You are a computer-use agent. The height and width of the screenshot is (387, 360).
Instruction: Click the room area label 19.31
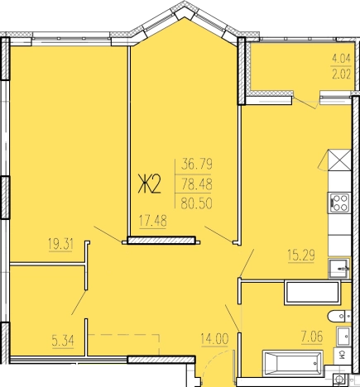coord(60,244)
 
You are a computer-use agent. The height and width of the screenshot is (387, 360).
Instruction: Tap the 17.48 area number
coord(153,221)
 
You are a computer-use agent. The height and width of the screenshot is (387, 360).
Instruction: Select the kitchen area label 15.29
coord(301,256)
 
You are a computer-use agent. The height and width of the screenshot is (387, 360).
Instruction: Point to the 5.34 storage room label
coord(63,342)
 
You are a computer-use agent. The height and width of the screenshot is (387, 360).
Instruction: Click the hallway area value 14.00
coord(214,338)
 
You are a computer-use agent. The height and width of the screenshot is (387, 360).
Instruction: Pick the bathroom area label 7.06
coord(312,337)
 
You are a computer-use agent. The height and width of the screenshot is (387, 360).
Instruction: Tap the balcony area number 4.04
coord(341,59)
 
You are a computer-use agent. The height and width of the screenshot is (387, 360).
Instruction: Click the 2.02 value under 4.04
coord(341,74)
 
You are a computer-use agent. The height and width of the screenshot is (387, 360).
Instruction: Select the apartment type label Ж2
coord(150,185)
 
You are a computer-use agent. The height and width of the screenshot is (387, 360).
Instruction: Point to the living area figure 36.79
coord(197,165)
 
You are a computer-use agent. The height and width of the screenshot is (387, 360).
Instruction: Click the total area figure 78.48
coord(197,184)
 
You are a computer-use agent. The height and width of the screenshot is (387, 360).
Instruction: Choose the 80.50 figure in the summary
coord(197,204)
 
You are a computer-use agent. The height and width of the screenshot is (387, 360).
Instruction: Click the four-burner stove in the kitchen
coord(339,203)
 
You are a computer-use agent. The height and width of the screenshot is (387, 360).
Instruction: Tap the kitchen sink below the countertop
coord(339,269)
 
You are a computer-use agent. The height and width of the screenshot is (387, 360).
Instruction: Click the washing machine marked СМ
coord(342,354)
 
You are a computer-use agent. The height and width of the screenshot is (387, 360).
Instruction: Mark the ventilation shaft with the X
coord(340,160)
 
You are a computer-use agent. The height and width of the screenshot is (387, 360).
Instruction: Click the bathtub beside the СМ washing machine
coord(293,363)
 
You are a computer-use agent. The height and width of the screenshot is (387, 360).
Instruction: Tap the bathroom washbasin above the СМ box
coord(343,336)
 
